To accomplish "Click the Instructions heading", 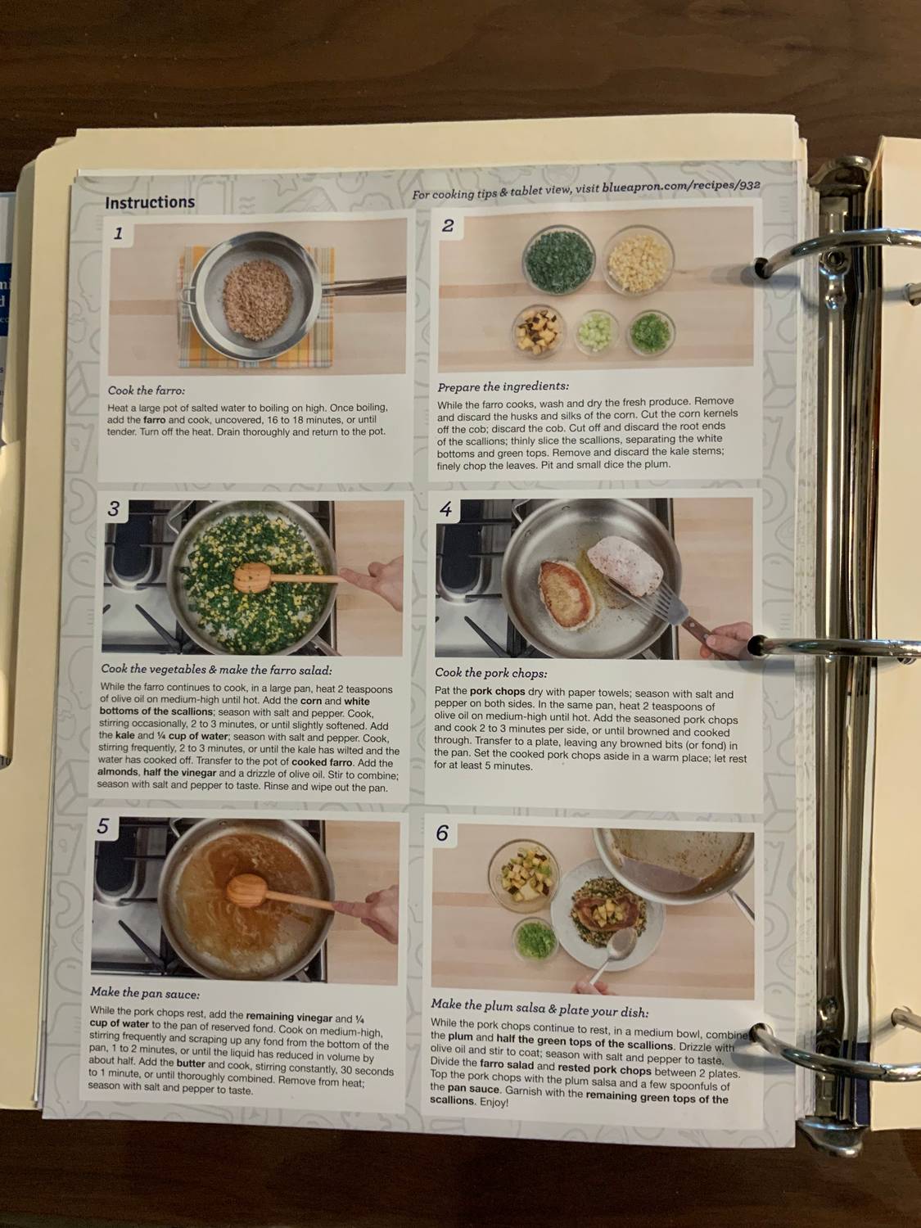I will [x=150, y=202].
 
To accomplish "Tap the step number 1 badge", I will [x=118, y=233].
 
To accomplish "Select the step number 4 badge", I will [x=445, y=510].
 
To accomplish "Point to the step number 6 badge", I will [x=442, y=833].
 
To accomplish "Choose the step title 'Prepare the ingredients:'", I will [x=503, y=386].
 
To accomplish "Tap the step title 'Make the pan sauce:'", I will [x=145, y=994].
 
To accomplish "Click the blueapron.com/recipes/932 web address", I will [x=681, y=187].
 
